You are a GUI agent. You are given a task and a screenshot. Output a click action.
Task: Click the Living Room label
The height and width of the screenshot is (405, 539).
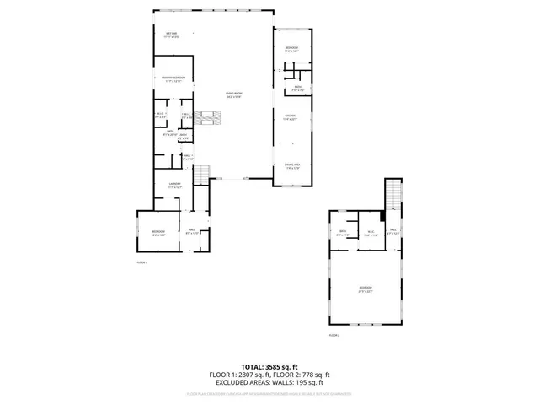[233, 94]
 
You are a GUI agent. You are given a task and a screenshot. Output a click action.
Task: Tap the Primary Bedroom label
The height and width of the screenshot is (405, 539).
[174, 78]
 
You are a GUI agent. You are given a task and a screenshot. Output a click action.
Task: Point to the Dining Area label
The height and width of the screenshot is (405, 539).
[292, 165]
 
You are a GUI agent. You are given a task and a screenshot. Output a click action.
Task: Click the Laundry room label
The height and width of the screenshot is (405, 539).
[174, 185]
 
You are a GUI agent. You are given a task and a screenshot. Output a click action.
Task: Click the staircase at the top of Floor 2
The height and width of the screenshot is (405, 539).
[393, 195]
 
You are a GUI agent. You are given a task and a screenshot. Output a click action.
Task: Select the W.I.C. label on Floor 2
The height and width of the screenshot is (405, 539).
[370, 234]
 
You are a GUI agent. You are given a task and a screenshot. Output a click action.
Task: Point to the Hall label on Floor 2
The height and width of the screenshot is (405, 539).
[393, 234]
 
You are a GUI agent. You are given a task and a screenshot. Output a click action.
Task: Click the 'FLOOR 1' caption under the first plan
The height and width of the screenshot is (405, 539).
[141, 262]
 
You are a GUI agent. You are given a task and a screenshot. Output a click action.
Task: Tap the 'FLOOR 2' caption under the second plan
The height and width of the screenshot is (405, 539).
[334, 335]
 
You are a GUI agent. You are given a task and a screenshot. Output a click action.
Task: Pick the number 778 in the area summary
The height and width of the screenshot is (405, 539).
[309, 375]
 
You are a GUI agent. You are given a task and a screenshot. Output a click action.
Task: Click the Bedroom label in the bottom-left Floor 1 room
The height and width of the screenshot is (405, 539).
[158, 232]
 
